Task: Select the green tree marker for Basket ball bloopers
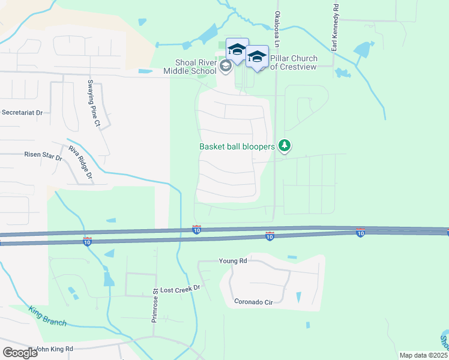(285, 146)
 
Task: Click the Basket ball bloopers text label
(237, 146)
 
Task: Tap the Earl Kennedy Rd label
(335, 21)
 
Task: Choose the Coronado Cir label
(253, 302)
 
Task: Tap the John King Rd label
(54, 349)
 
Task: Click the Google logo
(20, 352)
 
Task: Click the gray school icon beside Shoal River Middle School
(226, 66)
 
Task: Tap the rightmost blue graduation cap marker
(257, 57)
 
